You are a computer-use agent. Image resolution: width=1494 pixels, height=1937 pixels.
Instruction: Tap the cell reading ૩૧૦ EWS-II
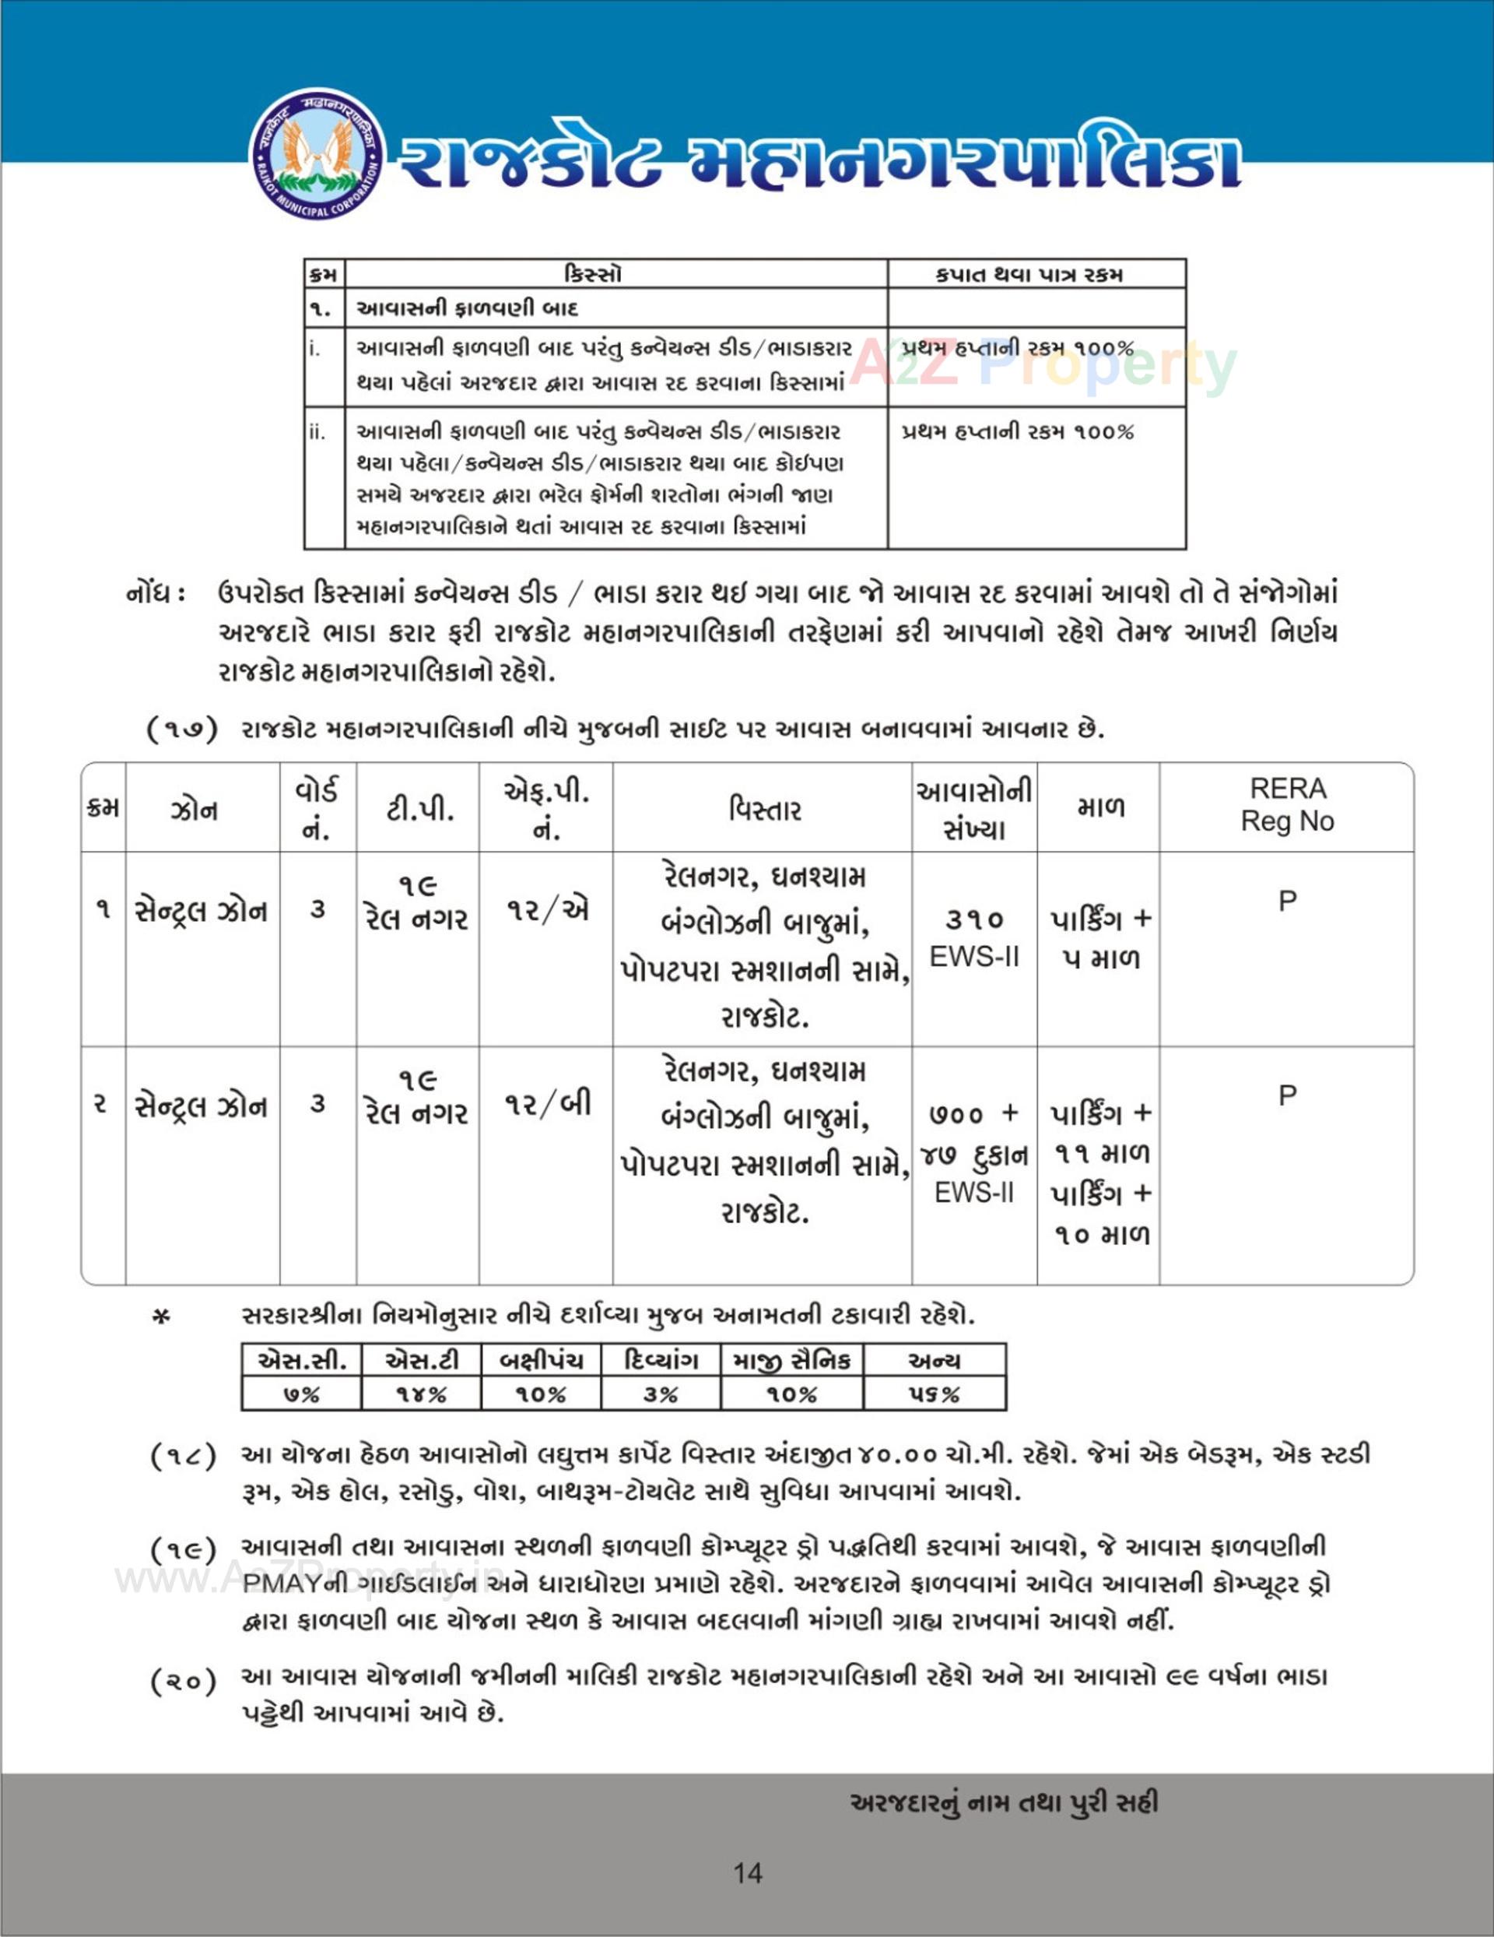[973, 937]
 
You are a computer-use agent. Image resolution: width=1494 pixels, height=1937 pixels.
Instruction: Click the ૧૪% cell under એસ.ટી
[421, 1394]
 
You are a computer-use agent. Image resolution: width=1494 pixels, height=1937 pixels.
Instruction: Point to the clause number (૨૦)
[183, 1681]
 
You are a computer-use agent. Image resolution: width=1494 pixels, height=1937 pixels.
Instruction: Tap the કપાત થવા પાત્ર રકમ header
[1036, 274]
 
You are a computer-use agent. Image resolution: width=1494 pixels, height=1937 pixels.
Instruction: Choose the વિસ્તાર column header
[763, 809]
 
